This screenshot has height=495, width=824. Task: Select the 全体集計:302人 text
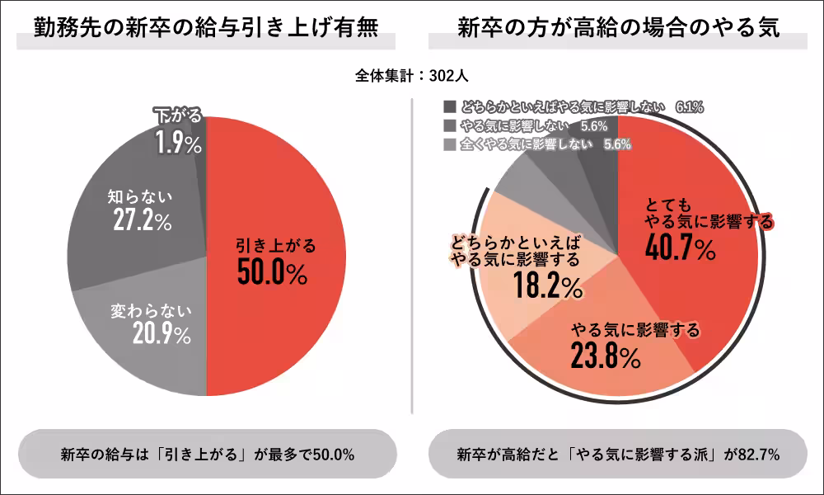pos(412,75)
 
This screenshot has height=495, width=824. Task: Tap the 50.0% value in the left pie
pos(272,272)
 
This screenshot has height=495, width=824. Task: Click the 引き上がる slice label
pos(275,245)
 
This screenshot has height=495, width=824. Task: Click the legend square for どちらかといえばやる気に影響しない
pos(448,107)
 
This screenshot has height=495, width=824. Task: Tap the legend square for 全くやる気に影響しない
pos(448,144)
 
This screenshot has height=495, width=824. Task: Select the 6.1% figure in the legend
pos(689,107)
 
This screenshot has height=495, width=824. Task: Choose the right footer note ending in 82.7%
pos(618,455)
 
